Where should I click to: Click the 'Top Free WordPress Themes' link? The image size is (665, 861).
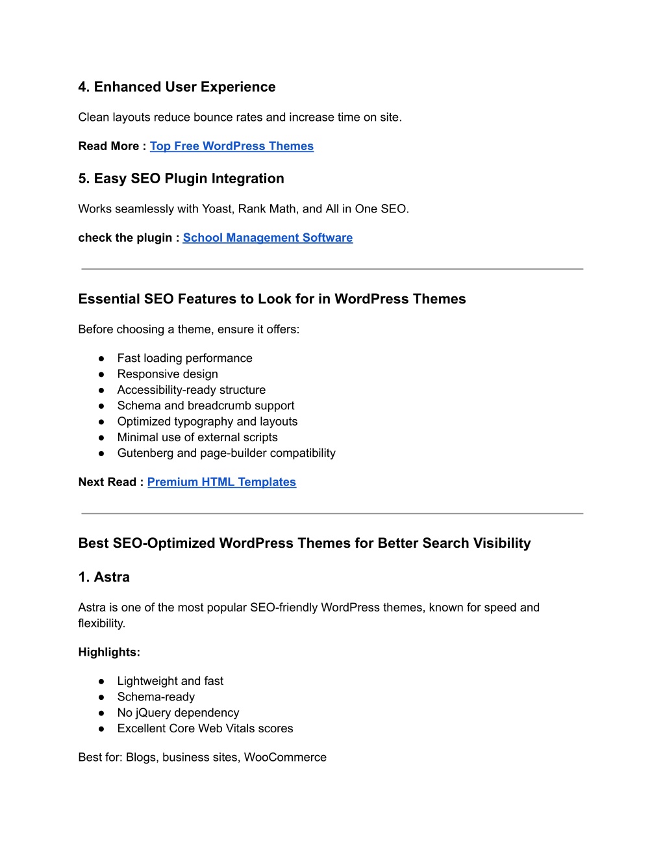point(231,146)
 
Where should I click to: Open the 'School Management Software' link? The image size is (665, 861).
point(268,238)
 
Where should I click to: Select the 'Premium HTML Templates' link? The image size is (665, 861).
point(221,482)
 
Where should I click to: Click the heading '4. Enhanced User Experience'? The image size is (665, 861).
point(177,87)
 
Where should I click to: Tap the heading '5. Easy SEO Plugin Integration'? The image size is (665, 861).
point(181,179)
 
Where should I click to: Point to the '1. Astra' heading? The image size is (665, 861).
point(104,577)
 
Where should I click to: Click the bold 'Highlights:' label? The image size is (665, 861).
point(109,652)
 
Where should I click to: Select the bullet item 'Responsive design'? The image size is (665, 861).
point(168,374)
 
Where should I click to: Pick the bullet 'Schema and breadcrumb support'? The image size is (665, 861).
point(206,405)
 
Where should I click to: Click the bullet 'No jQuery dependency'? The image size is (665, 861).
point(178,713)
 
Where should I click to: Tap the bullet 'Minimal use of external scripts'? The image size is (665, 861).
point(197,437)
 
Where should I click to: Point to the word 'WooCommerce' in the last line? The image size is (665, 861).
point(285,758)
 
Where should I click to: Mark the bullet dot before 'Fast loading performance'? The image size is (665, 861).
point(101,359)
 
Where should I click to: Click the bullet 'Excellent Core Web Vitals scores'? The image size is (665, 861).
point(205,728)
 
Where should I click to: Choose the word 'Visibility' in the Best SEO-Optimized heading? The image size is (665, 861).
point(502,543)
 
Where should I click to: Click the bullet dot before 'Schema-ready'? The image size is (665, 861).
point(101,697)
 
